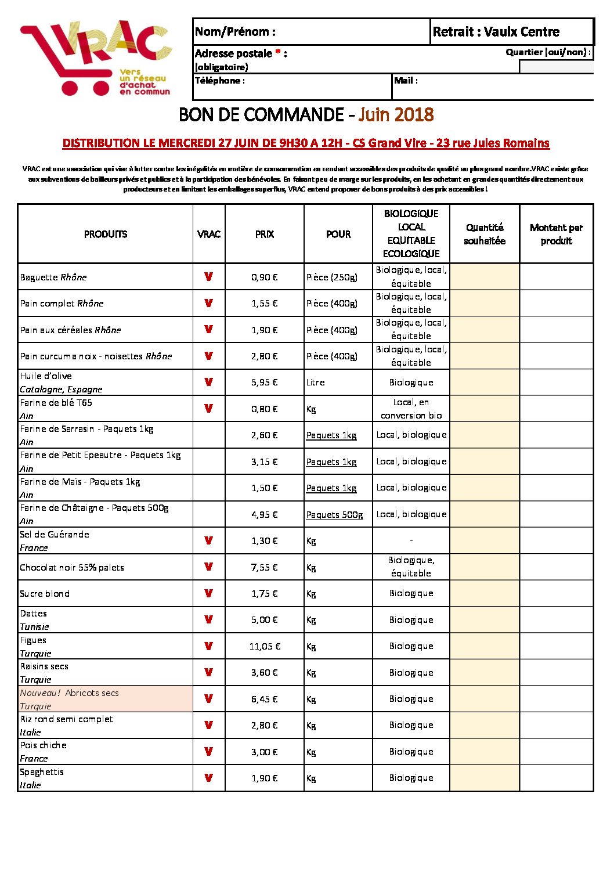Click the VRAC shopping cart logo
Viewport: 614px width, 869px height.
[x=96, y=58]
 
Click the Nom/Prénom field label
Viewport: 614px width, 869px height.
[x=235, y=32]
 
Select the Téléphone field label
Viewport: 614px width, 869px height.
[x=219, y=81]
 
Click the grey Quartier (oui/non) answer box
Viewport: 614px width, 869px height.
[x=556, y=67]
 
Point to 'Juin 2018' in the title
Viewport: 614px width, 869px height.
[x=396, y=114]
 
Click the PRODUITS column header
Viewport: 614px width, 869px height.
[x=106, y=234]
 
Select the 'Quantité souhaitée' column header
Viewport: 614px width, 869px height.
[x=485, y=234]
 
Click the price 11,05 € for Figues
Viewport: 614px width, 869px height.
[x=265, y=646]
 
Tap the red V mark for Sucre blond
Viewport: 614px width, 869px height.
[x=209, y=593]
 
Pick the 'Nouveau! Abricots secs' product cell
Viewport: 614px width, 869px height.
[x=105, y=699]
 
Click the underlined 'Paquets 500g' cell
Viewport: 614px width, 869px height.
[x=334, y=515]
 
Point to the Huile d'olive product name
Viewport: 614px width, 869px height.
[x=46, y=376]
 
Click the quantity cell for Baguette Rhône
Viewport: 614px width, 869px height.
[x=485, y=277]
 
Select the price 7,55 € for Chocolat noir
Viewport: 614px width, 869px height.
[x=265, y=567]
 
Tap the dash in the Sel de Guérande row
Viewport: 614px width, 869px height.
[x=411, y=540]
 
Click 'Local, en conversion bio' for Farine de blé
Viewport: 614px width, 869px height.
[x=411, y=409]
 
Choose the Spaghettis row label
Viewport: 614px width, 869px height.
[x=42, y=772]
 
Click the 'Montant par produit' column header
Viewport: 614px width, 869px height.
[x=556, y=234]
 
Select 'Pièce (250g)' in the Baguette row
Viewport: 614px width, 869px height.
[x=332, y=277]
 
